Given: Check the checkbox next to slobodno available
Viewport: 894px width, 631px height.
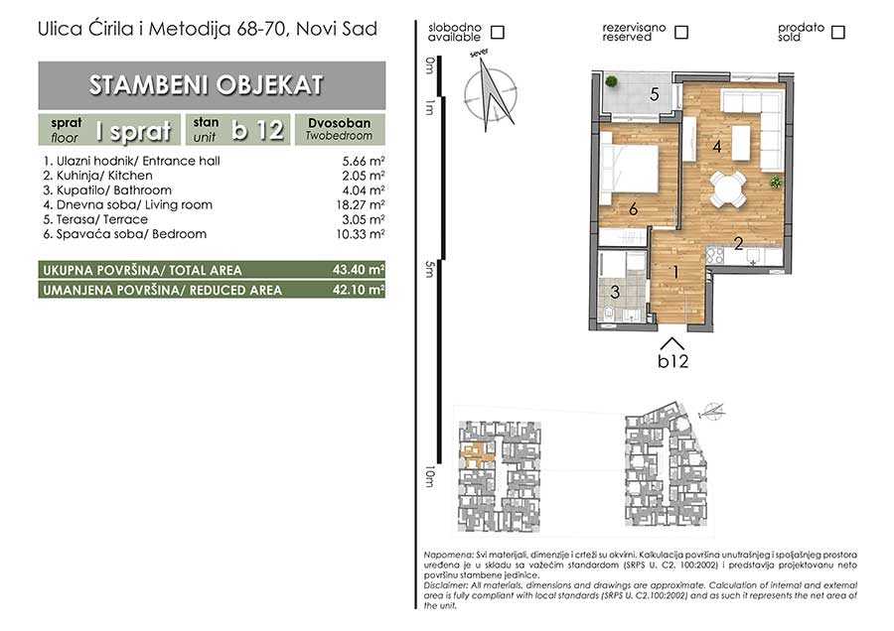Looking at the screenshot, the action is click(x=498, y=32).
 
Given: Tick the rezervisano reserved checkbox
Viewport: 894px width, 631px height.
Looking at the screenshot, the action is click(x=680, y=32).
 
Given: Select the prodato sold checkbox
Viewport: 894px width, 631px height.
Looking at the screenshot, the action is click(x=837, y=32).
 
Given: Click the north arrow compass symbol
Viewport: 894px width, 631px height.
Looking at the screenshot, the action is click(x=491, y=93).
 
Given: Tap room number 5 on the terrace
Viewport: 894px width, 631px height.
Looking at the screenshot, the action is click(x=655, y=94).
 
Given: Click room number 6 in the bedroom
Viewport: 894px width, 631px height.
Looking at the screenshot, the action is click(x=633, y=209).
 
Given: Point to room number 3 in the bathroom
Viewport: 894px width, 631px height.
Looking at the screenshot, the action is click(x=615, y=292).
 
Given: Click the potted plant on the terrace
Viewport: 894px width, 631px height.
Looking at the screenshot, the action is click(x=611, y=81).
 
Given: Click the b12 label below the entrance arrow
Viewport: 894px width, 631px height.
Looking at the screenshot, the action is click(x=672, y=361).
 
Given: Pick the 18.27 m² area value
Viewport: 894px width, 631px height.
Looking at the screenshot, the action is click(x=361, y=205).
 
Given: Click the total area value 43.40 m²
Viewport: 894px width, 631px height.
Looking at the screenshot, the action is click(x=359, y=270).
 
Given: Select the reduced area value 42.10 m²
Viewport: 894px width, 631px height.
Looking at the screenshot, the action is click(x=359, y=290).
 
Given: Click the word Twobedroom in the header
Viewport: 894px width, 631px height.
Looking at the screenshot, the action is click(x=339, y=136).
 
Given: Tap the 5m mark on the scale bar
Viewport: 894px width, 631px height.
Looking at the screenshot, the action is click(x=429, y=269).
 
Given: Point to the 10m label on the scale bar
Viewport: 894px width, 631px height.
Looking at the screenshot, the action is click(x=429, y=476).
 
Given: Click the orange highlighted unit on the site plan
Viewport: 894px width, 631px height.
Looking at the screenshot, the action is click(x=478, y=453).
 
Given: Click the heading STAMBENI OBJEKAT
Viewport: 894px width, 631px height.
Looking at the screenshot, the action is click(x=207, y=85).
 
